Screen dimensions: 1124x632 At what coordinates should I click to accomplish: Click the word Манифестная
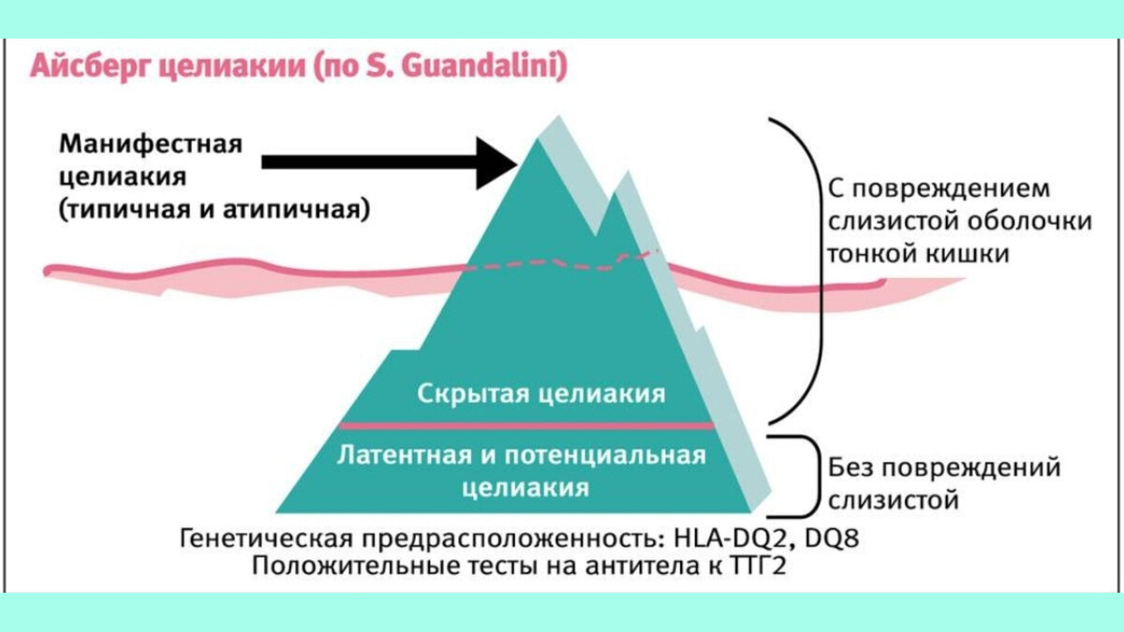151,145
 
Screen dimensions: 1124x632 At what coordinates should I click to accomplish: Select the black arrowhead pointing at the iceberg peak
497,162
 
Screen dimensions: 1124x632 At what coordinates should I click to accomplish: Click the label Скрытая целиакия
540,393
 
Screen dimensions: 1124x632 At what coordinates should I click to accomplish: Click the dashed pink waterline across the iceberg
553,264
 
